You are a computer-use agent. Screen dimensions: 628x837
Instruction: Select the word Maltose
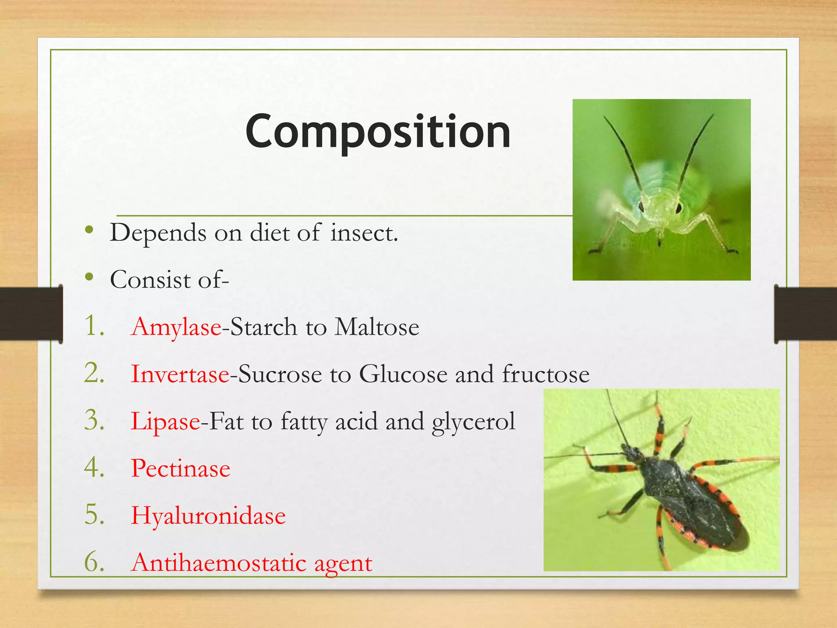(376, 327)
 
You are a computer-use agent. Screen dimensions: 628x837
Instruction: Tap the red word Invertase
(180, 374)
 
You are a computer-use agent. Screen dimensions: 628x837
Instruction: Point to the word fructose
(546, 374)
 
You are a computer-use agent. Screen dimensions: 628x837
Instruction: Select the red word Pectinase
(181, 469)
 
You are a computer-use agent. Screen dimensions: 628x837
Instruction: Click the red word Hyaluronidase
(208, 516)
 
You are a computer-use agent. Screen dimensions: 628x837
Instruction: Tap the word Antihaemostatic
(219, 563)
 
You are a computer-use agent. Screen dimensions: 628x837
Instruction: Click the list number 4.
(94, 469)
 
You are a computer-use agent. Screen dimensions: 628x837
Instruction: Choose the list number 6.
(94, 563)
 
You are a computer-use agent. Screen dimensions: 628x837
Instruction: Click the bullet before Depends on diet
(90, 231)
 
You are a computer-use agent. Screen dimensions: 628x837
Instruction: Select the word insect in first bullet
(364, 233)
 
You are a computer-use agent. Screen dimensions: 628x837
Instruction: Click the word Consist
(150, 280)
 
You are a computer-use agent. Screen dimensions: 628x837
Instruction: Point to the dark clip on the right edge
(805, 314)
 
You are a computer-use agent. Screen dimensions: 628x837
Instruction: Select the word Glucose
(403, 374)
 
